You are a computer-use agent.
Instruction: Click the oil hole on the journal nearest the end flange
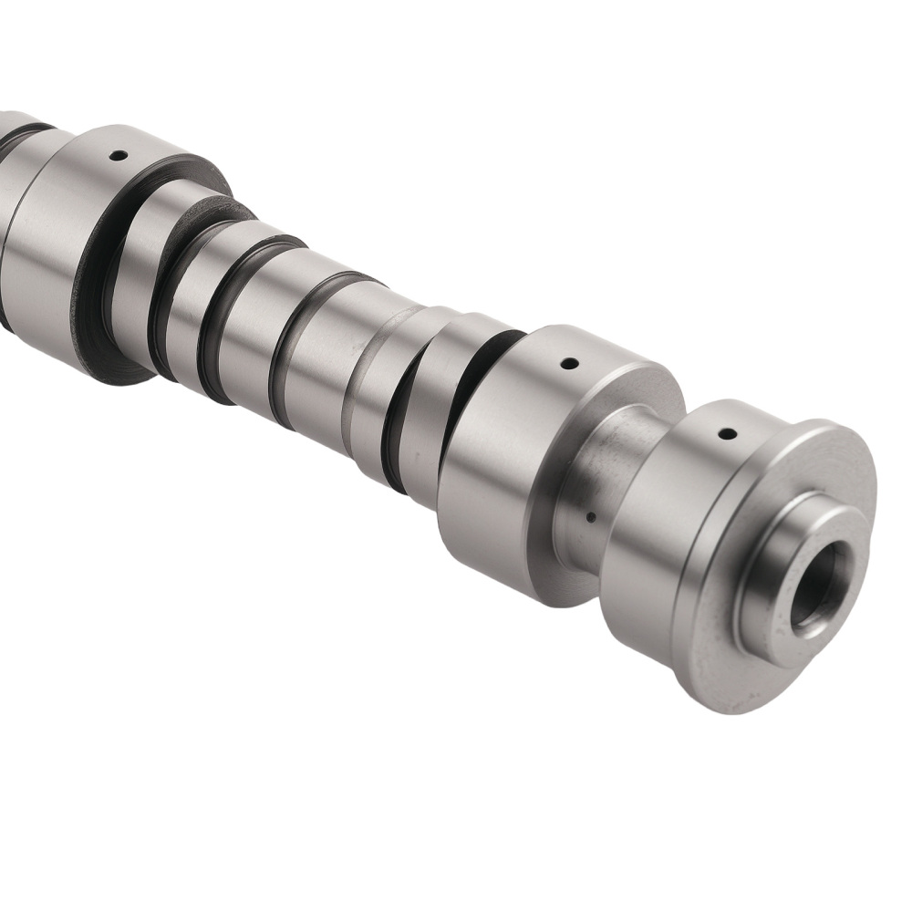click(x=726, y=433)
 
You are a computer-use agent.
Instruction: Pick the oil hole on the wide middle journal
click(x=569, y=364)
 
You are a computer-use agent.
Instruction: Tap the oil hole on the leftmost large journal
click(x=116, y=155)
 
